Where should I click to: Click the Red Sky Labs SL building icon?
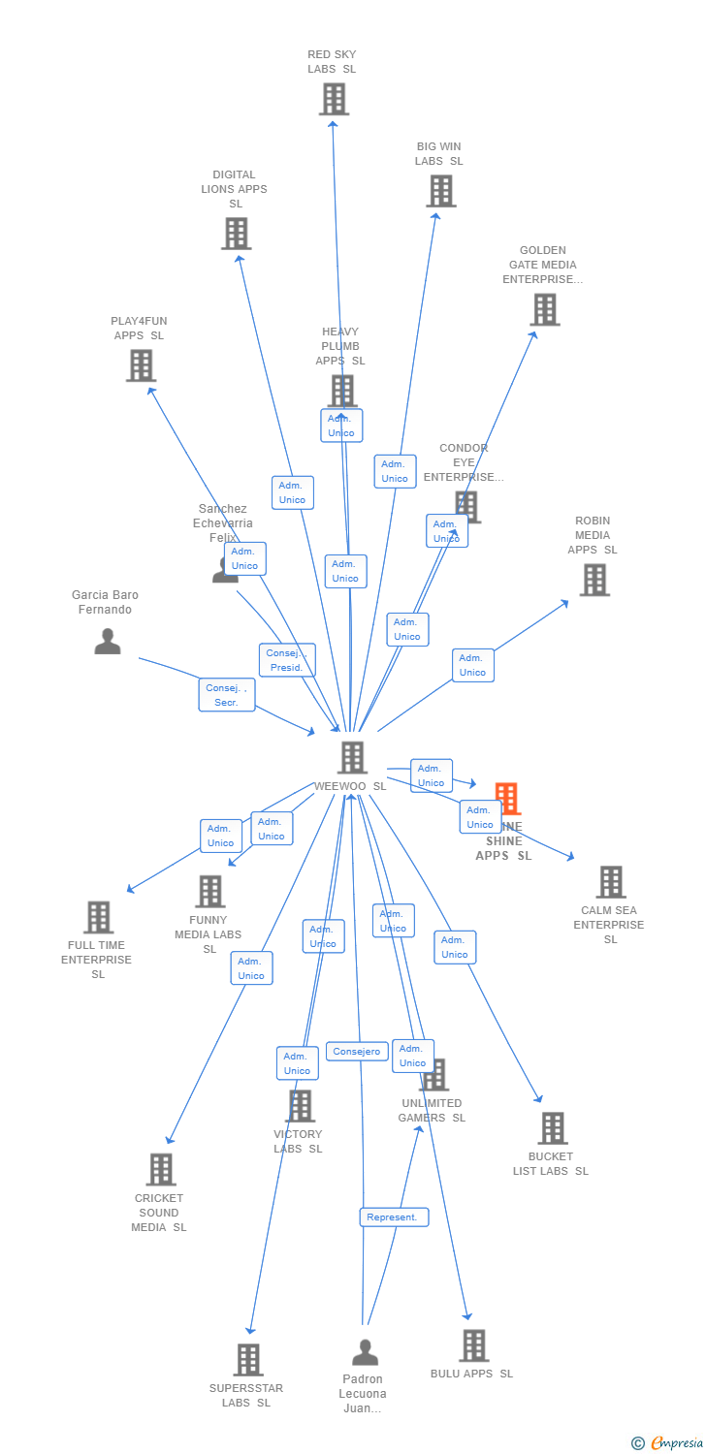[x=334, y=99]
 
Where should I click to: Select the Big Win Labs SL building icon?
[x=441, y=191]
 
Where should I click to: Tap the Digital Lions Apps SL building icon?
[x=236, y=234]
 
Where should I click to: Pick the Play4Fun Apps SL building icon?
[x=141, y=365]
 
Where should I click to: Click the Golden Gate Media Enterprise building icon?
[x=545, y=309]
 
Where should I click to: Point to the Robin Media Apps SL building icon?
[x=594, y=580]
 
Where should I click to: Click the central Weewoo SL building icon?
[x=352, y=757]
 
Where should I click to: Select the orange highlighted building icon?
[x=506, y=799]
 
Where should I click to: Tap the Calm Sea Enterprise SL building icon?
[x=611, y=882]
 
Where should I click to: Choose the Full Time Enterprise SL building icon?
[x=98, y=917]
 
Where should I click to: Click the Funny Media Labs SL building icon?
[x=209, y=892]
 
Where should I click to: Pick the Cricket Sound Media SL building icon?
[x=161, y=1170]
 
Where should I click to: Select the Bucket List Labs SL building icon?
[x=553, y=1128]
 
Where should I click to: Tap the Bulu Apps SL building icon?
[x=473, y=1345]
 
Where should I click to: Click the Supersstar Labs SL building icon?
[x=248, y=1360]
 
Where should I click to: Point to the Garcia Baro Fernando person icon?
[x=108, y=642]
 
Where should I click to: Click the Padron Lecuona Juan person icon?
[x=365, y=1352]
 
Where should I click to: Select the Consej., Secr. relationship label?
[x=227, y=695]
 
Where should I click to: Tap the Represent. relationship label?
[x=394, y=1217]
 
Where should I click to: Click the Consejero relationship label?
[x=357, y=1052]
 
